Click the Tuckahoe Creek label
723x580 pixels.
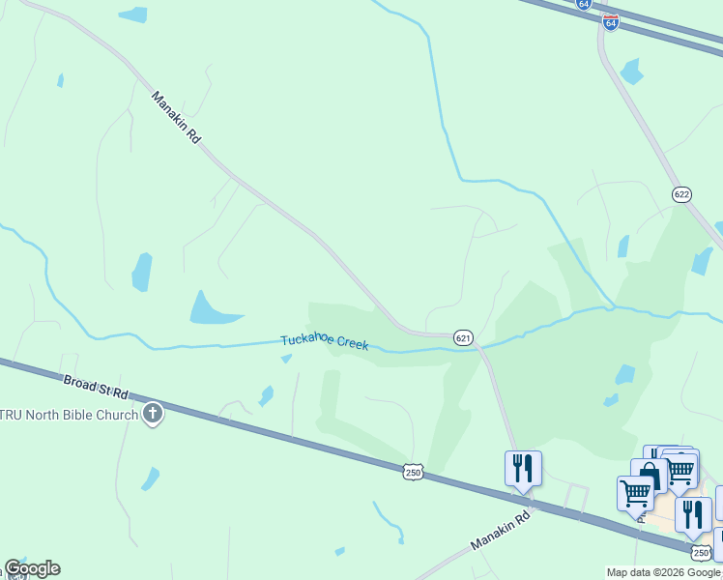[x=325, y=343]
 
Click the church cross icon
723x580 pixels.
[x=153, y=416]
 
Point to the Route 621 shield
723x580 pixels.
[x=464, y=336]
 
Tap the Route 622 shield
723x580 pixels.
[x=682, y=194]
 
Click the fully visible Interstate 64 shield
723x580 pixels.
[x=610, y=21]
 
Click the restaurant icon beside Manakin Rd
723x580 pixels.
[x=523, y=469]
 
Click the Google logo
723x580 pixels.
[x=32, y=568]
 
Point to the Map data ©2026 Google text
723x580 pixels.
[x=664, y=572]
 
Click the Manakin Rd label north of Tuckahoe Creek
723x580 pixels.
[x=176, y=118]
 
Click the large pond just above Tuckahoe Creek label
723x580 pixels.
[x=212, y=308]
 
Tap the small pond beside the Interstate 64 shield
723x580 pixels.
[x=632, y=71]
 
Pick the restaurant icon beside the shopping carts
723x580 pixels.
[x=693, y=514]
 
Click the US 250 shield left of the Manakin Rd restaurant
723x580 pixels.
[x=413, y=471]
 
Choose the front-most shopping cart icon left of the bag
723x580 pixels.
[x=635, y=493]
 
